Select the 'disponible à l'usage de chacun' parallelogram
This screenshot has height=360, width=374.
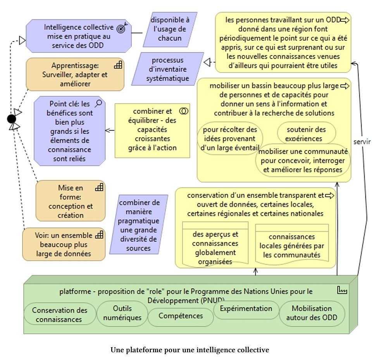click(x=169, y=29)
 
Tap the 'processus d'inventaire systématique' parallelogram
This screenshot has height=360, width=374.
click(x=167, y=69)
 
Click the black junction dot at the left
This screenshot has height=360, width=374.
click(x=12, y=118)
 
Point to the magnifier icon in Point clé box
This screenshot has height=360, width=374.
click(x=99, y=103)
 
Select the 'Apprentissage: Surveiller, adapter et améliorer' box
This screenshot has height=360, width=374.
click(x=75, y=74)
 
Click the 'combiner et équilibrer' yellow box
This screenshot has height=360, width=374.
click(x=152, y=130)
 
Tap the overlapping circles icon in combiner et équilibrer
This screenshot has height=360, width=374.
click(x=184, y=111)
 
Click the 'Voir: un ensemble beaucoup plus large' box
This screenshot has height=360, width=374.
click(x=64, y=245)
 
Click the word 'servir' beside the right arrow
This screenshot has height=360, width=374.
click(x=362, y=142)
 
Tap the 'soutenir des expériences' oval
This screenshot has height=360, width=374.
click(x=306, y=133)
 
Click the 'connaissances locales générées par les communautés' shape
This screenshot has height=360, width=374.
click(x=291, y=244)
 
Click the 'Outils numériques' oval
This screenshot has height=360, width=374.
click(x=122, y=313)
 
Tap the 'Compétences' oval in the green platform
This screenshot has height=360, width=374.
click(x=180, y=316)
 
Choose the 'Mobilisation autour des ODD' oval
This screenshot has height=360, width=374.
click(x=312, y=313)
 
